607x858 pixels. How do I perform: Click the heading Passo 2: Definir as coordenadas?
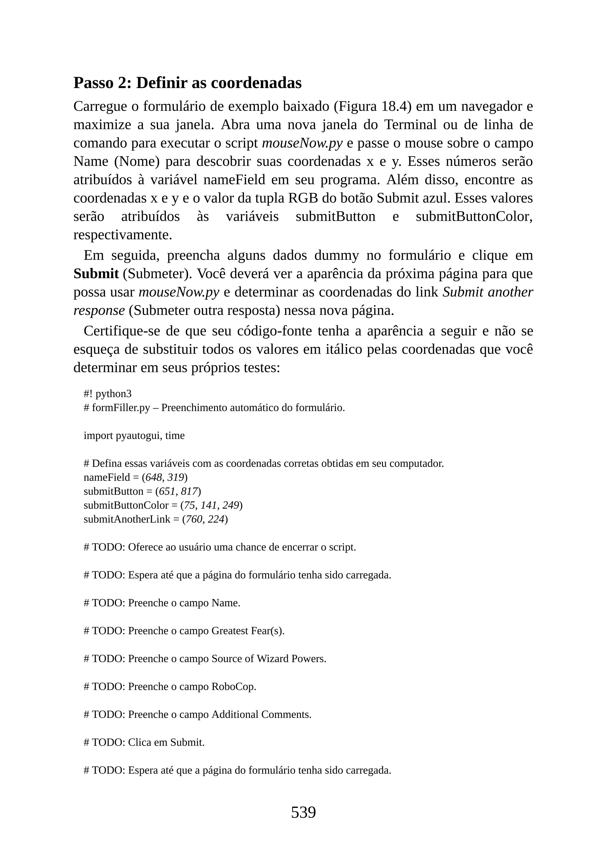tap(187, 83)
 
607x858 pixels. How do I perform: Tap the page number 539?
tap(303, 812)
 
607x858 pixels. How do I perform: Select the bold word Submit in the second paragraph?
tap(96, 273)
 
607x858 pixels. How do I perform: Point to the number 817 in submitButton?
tap(189, 491)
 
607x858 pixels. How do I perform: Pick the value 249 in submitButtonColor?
tap(231, 505)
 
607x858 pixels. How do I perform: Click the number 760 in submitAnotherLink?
tap(195, 519)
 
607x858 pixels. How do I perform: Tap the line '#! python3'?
tap(108, 393)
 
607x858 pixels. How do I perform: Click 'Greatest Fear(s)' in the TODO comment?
tap(247, 631)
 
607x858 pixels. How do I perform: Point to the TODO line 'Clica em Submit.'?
tap(144, 742)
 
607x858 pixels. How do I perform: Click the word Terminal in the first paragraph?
tap(410, 124)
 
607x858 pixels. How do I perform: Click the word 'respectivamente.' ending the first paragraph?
tap(123, 235)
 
